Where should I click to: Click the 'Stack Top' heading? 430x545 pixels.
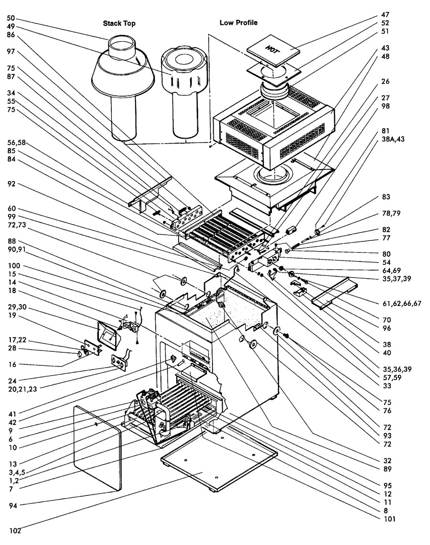[120, 23]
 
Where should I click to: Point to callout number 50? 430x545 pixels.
[11, 18]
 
